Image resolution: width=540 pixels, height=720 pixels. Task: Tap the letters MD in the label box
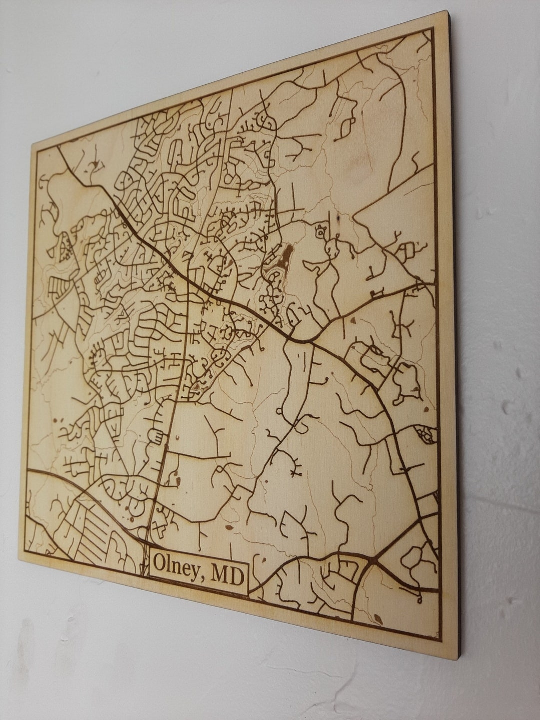pos(226,575)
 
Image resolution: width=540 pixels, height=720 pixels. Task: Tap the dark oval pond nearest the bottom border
pos(378,620)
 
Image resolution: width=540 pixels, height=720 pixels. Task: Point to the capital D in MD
pos(235,576)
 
